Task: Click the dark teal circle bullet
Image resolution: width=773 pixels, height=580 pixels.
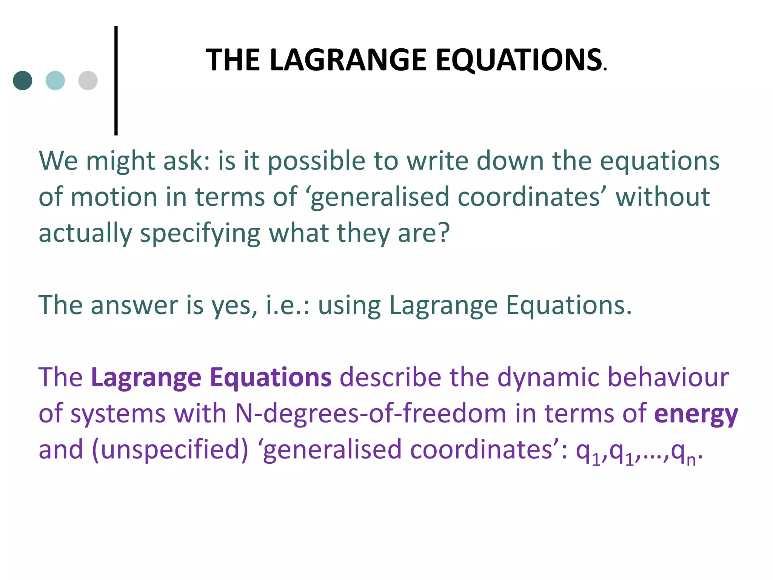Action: [x=23, y=80]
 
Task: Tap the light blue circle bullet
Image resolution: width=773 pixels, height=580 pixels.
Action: [x=55, y=80]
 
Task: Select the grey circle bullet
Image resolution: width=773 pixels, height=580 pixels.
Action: [x=88, y=80]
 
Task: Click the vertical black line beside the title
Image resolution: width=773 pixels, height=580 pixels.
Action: [x=116, y=80]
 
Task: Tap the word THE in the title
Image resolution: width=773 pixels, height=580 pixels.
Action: [x=233, y=60]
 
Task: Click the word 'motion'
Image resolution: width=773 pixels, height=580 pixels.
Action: [x=114, y=197]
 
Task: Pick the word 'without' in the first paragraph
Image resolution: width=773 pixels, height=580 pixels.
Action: [x=662, y=197]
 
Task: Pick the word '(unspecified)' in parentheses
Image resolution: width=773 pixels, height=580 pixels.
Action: [x=170, y=450]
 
